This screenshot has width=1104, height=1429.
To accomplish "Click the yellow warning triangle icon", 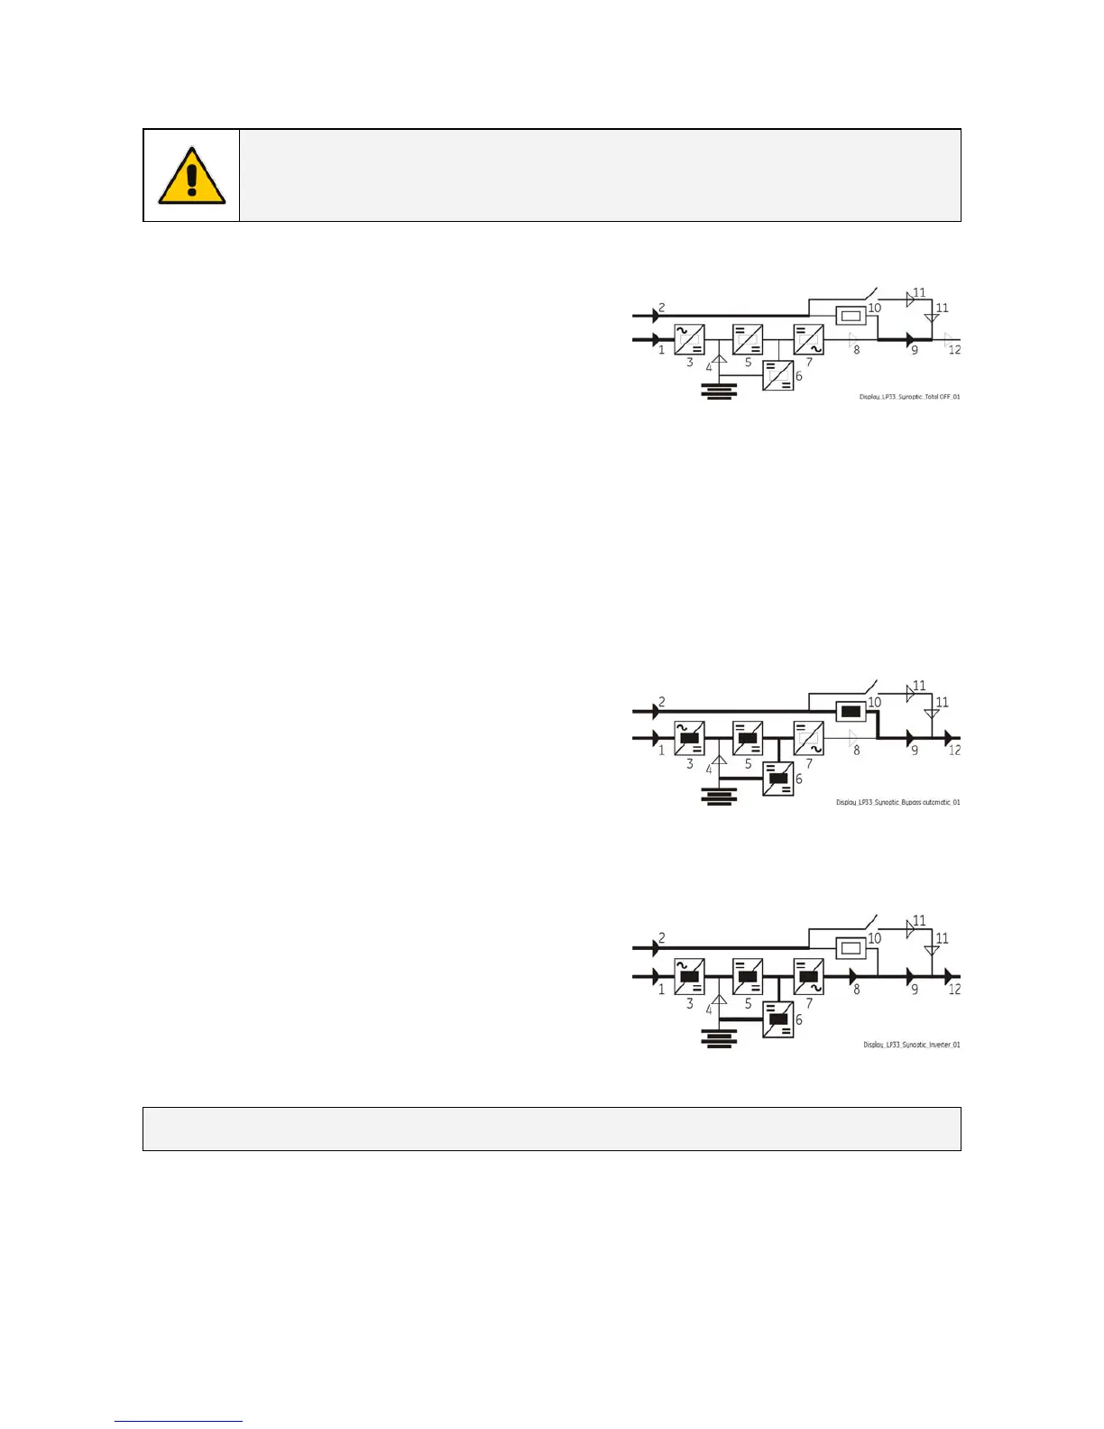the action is click(x=191, y=176).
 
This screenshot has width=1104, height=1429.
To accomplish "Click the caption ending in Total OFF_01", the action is click(x=909, y=397).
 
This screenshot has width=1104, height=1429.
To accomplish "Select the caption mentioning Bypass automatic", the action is click(x=897, y=802).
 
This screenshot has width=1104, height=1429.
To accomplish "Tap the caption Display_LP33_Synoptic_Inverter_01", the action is click(x=911, y=1045).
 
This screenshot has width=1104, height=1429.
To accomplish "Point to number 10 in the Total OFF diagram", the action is click(x=874, y=308).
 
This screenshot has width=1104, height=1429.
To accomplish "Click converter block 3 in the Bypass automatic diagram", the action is click(x=690, y=738).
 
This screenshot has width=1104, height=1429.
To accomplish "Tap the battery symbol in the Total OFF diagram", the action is click(x=719, y=390).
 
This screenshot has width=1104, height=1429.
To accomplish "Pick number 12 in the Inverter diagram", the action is click(x=954, y=990).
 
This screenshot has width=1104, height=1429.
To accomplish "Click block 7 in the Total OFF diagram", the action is click(x=808, y=340).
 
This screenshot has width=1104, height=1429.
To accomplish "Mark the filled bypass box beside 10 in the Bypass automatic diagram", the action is click(x=850, y=712).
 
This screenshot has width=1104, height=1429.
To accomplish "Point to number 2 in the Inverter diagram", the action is click(x=662, y=938).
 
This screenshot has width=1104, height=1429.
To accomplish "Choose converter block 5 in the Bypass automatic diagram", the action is click(x=748, y=738).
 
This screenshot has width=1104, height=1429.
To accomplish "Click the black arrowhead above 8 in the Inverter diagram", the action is click(x=853, y=976).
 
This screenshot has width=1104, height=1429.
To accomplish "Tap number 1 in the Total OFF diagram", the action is click(x=661, y=350).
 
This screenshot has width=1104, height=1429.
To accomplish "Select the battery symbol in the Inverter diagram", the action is click(x=719, y=1038).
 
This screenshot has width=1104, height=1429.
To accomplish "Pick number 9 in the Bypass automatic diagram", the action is click(x=915, y=750).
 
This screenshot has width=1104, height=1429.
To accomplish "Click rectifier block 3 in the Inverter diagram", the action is click(x=690, y=976).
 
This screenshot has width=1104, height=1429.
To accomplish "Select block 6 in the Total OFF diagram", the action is click(x=778, y=375).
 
